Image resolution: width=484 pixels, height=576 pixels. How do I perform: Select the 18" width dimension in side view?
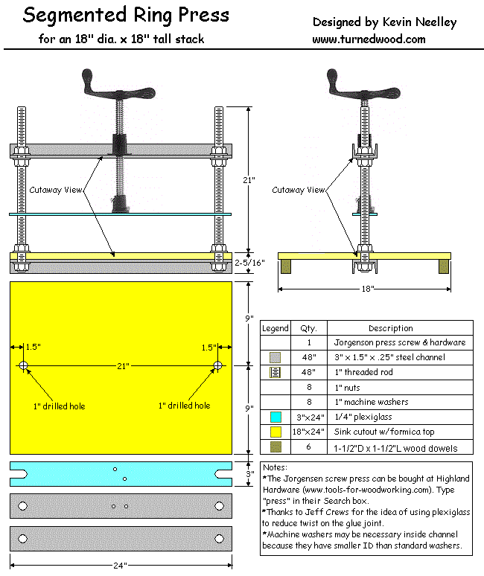click(x=365, y=287)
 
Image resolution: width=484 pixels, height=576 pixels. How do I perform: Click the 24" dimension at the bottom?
click(x=121, y=566)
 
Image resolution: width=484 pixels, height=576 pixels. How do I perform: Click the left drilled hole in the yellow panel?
click(x=23, y=365)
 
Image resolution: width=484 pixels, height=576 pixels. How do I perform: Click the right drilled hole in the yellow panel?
click(x=217, y=365)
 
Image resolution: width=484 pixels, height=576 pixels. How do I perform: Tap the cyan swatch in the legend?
click(x=275, y=417)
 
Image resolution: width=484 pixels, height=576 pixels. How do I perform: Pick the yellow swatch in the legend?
click(x=275, y=432)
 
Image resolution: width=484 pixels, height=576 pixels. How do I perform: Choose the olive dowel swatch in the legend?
click(x=275, y=447)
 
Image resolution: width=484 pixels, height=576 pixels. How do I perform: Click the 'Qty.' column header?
click(x=308, y=328)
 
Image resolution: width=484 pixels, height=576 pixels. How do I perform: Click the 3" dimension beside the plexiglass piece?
click(x=250, y=474)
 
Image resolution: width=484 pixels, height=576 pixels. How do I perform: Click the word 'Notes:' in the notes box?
click(x=277, y=467)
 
